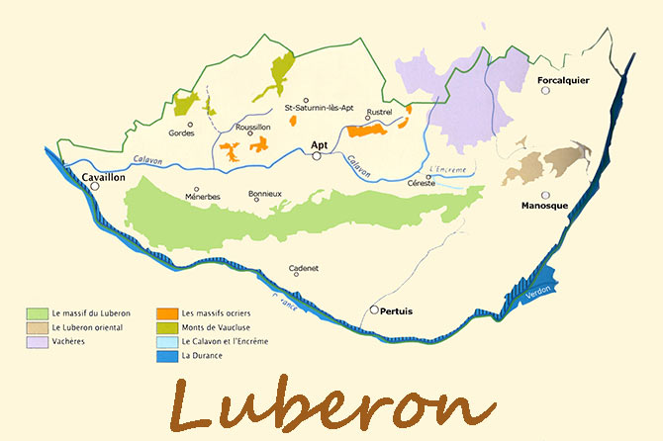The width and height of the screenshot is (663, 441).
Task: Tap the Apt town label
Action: point(319,145)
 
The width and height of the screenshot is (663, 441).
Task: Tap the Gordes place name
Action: point(181,132)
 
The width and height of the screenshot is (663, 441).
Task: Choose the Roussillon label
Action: point(254,127)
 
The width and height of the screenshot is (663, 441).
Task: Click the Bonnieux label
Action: point(265,195)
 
